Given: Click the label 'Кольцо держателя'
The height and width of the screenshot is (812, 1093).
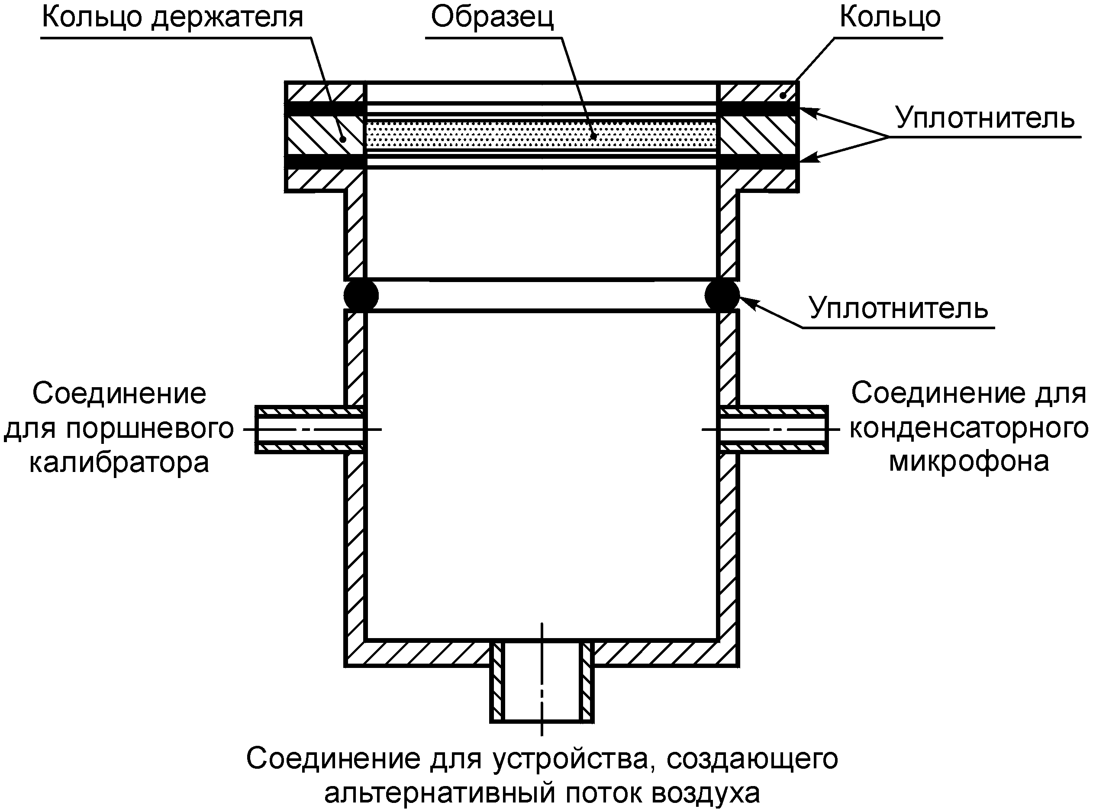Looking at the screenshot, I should pos(172,18).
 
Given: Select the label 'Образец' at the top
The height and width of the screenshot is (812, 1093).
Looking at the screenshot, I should pos(492,18).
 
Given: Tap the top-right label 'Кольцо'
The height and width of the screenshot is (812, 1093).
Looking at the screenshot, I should pos(890,18).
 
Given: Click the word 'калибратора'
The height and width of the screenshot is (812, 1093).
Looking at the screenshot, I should pos(119,462).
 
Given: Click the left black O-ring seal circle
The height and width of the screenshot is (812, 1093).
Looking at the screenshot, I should pos(361,295).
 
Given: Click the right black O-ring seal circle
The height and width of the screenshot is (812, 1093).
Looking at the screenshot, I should pos(722,295).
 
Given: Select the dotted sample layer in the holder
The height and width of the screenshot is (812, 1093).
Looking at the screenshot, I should pos(541,134).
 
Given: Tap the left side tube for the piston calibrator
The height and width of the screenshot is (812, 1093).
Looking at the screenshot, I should pos(310,430).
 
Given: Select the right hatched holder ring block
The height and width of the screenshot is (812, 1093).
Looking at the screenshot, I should pos(758,135).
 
